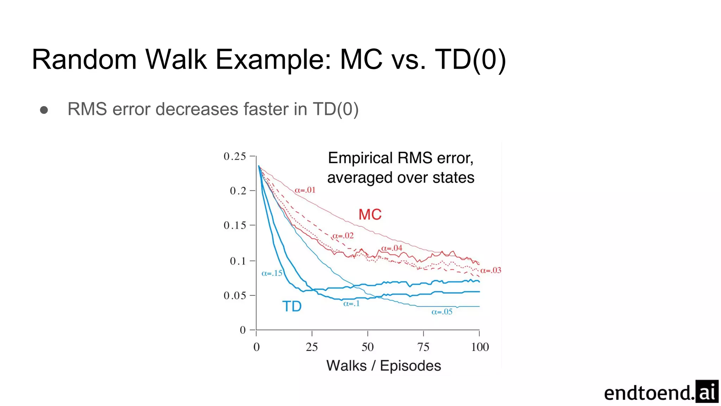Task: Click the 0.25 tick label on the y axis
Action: [235, 156]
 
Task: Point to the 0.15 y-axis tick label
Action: [235, 225]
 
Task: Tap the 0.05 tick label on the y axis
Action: [235, 295]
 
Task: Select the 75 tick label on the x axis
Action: [423, 347]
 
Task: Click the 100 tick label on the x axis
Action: [480, 347]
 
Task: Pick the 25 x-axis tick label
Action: [312, 347]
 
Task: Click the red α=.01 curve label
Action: [305, 190]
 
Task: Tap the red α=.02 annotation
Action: [343, 235]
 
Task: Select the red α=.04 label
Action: [391, 248]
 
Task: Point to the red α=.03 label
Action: [491, 270]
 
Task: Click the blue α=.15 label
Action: [272, 273]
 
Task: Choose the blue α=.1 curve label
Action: [351, 303]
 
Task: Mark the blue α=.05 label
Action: [442, 312]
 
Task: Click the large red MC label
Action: [370, 214]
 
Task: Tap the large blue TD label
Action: [292, 306]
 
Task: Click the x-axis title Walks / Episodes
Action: [383, 366]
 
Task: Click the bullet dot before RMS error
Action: [44, 110]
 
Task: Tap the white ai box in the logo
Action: [707, 392]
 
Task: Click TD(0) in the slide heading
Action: [470, 59]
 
